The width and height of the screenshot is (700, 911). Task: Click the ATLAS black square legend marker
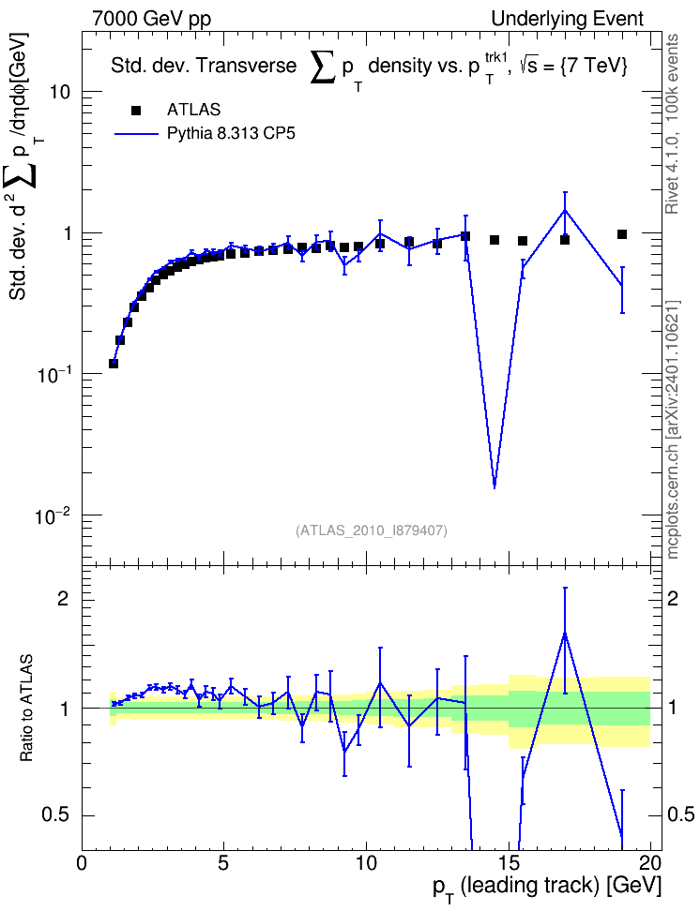click(136, 110)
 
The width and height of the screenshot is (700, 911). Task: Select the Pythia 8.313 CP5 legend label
click(231, 134)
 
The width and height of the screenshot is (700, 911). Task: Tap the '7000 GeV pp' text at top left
click(151, 19)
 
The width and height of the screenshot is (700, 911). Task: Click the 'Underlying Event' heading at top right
click(568, 19)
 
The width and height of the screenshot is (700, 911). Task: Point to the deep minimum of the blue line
click(495, 487)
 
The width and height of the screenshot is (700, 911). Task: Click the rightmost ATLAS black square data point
click(622, 234)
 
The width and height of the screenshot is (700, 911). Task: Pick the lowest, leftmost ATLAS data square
click(114, 364)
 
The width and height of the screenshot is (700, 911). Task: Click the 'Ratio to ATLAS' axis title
click(26, 709)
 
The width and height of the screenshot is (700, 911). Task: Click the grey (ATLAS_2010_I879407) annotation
click(372, 530)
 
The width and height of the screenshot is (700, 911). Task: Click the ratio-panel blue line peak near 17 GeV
click(565, 634)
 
